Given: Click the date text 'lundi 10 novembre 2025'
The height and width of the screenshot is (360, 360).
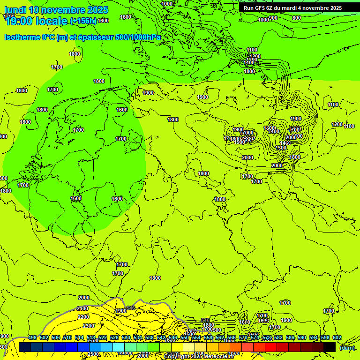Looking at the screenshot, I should pyautogui.click(x=56, y=10).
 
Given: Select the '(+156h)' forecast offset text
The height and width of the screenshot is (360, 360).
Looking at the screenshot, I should pyautogui.click(x=83, y=21).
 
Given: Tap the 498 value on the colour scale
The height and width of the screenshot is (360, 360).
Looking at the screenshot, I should pyautogui.click(x=32, y=338).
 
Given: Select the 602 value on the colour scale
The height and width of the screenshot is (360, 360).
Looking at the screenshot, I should pyautogui.click(x=337, y=338).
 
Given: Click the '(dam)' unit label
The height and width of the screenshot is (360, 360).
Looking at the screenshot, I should pyautogui.click(x=347, y=347).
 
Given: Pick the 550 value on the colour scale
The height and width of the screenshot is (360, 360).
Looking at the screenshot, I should pyautogui.click(x=185, y=338).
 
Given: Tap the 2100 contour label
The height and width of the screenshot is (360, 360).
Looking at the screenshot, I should pyautogui.click(x=82, y=308).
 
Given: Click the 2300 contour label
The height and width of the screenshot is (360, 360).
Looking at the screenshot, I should pyautogui.click(x=88, y=326).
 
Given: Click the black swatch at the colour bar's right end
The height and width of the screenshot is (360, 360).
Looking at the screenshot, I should pyautogui.click(x=330, y=347).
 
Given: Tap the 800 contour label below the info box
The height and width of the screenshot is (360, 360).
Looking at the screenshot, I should pyautogui.click(x=297, y=18).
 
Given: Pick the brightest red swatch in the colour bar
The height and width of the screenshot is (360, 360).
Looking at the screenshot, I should pyautogui.click(x=271, y=347).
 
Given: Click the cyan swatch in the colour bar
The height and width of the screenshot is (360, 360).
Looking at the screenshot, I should pyautogui.click(x=119, y=347).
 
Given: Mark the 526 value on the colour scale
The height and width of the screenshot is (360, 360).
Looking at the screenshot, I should pyautogui.click(x=114, y=338).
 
